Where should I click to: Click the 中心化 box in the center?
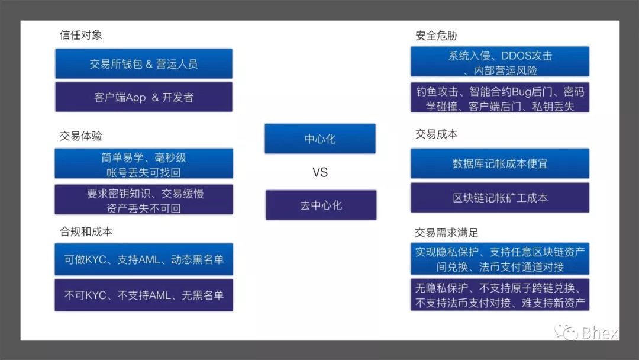(x=320, y=139)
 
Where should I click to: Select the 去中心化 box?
(x=321, y=205)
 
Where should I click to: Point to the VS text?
(x=320, y=172)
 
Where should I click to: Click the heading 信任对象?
(x=80, y=35)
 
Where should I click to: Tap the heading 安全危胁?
(x=437, y=36)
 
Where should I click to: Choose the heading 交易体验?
(x=80, y=136)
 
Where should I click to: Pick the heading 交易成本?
(x=437, y=134)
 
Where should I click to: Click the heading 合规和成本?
(x=86, y=232)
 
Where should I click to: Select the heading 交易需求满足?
(x=447, y=233)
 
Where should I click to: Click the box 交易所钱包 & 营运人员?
(x=144, y=63)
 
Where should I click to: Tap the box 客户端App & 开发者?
(x=144, y=97)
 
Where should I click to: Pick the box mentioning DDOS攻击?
(x=500, y=62)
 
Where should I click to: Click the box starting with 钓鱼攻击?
(x=500, y=98)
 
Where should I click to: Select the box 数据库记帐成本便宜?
(x=500, y=163)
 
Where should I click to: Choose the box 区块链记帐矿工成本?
(x=500, y=198)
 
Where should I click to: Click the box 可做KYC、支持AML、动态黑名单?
(x=144, y=259)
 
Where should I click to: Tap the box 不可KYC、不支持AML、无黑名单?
(x=144, y=295)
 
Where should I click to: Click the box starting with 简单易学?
(x=144, y=163)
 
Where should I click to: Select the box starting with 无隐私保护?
(x=500, y=295)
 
